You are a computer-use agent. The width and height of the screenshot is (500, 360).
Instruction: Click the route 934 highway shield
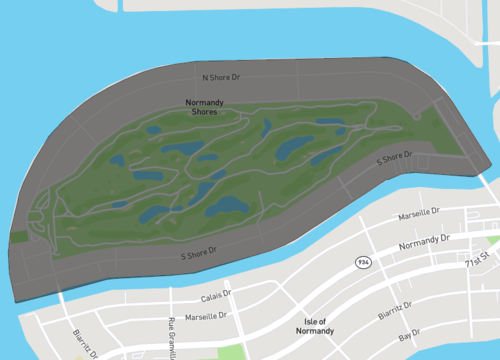[x=364, y=261]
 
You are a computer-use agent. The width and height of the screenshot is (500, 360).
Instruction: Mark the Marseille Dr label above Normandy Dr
[x=441, y=213]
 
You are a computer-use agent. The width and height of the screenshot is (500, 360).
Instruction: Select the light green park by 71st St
[x=494, y=241]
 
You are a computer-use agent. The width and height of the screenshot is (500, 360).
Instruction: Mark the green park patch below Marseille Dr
[x=231, y=352]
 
